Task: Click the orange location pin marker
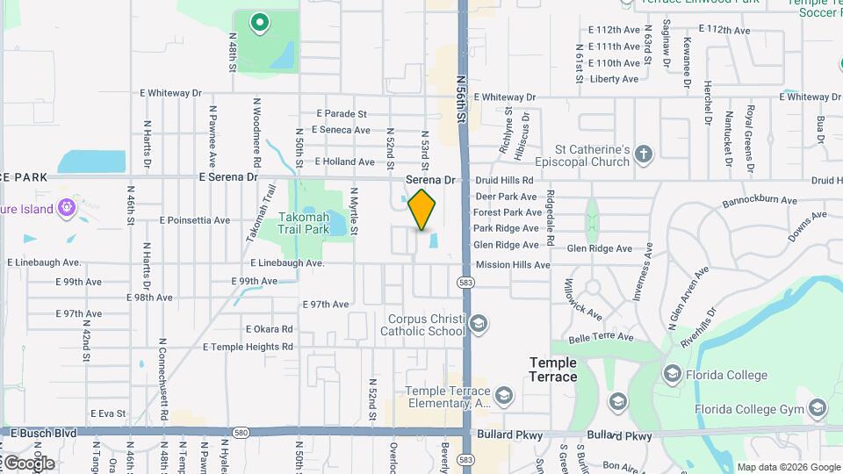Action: click(x=422, y=209)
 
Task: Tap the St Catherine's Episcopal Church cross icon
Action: click(x=644, y=154)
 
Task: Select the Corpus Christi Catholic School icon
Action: click(x=479, y=325)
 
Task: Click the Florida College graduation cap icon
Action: click(x=673, y=375)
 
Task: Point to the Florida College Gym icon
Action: click(x=818, y=408)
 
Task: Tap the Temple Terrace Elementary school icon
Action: click(x=503, y=396)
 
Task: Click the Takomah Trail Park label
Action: click(x=304, y=223)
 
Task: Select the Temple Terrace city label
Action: click(x=552, y=370)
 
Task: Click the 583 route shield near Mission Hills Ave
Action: click(x=465, y=282)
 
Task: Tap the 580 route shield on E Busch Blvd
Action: click(x=241, y=433)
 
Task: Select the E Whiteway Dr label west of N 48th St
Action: click(x=170, y=92)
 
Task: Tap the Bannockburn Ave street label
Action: click(x=759, y=201)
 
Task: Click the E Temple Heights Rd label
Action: click(x=248, y=347)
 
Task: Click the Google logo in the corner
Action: click(x=28, y=463)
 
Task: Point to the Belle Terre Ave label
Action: click(x=601, y=336)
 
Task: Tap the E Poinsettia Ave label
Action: click(x=194, y=220)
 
